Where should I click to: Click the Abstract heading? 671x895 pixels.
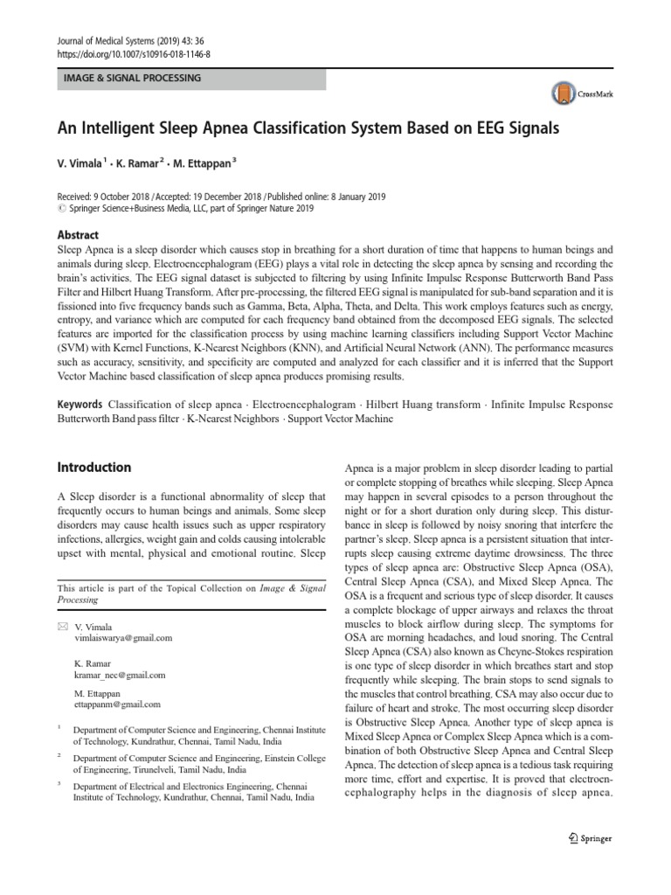click(x=78, y=235)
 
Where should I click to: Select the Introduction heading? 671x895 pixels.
click(x=93, y=468)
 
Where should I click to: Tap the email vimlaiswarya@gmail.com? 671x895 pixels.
click(x=124, y=638)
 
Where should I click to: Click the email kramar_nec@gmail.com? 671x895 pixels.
click(x=120, y=676)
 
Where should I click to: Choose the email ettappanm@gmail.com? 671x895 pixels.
click(x=118, y=704)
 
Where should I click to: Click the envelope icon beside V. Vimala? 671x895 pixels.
click(x=61, y=627)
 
